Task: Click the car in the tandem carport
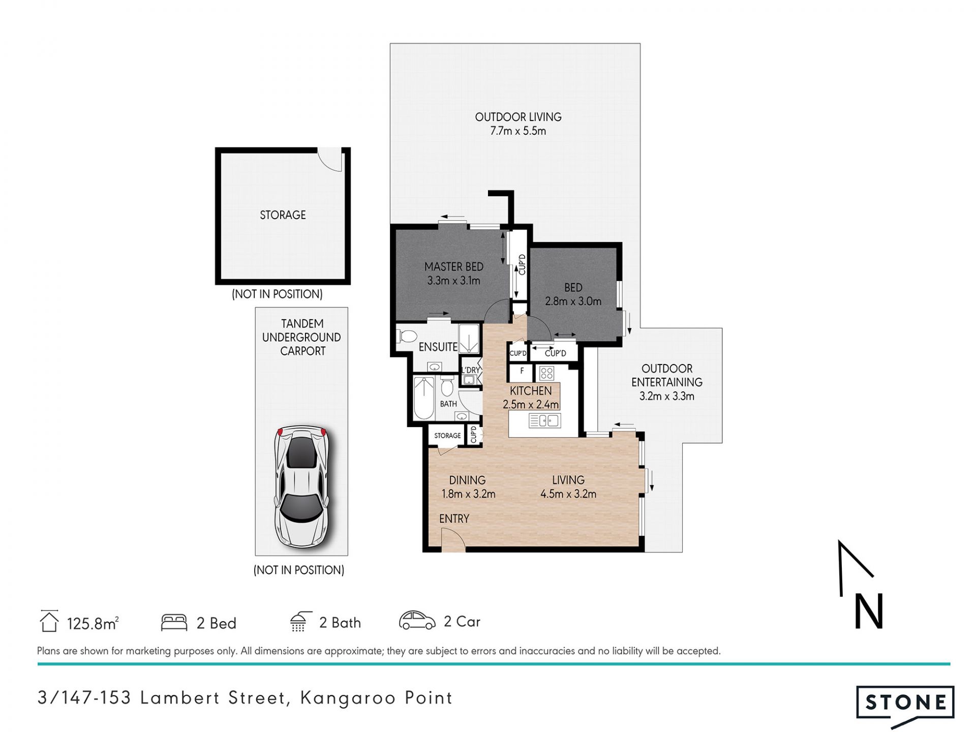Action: [301, 486]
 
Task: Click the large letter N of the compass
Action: [869, 612]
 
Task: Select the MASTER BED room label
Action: [454, 266]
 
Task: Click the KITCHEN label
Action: [531, 391]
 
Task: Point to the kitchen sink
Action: [544, 420]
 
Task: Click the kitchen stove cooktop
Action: [546, 374]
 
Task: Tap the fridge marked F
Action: [522, 373]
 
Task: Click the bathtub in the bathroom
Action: [424, 398]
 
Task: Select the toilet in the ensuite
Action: [407, 336]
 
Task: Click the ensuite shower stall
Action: [469, 338]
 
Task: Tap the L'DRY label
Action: [471, 370]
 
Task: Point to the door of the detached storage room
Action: [330, 160]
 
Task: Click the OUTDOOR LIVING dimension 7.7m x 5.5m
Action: [518, 131]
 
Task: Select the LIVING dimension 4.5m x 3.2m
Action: [568, 494]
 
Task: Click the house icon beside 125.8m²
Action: [49, 621]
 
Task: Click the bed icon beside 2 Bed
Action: [174, 623]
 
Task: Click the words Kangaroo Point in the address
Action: [376, 698]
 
